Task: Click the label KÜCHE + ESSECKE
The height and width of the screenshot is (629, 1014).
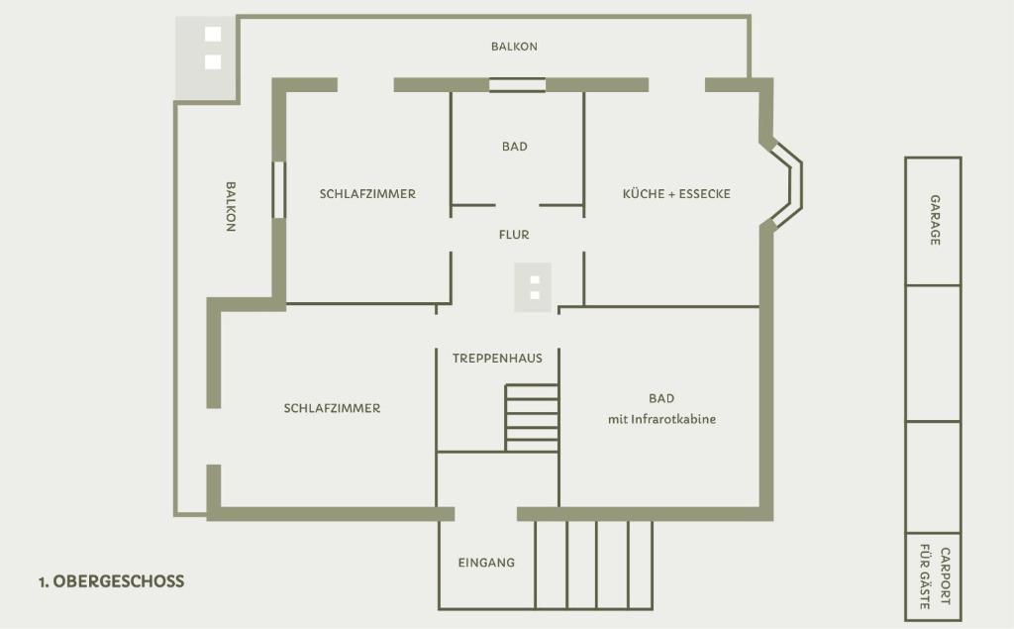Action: [x=676, y=193]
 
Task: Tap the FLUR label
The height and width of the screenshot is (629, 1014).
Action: [x=514, y=234]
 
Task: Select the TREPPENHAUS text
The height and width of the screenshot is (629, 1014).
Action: [x=497, y=358]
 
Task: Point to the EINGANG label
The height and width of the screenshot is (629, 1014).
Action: [x=486, y=563]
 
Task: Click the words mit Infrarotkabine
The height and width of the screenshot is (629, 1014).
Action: [x=661, y=419]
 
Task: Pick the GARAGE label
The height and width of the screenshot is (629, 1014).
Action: [x=935, y=220]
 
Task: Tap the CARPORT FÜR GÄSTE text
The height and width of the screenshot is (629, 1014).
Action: [x=935, y=577]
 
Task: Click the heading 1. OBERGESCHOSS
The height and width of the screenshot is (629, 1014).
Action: [x=111, y=581]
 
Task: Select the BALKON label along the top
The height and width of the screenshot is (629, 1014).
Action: [x=514, y=46]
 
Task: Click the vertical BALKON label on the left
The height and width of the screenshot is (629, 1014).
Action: [x=230, y=206]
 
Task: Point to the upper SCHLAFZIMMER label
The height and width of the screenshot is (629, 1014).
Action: [x=367, y=193]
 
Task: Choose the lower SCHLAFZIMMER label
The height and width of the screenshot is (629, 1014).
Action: [x=332, y=408]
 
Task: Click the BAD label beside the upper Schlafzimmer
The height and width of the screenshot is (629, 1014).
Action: [x=515, y=147]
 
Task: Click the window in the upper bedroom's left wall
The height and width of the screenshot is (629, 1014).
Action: [x=278, y=189]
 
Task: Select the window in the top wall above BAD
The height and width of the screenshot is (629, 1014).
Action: [x=517, y=85]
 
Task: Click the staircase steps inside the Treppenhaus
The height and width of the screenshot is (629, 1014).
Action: [x=532, y=417]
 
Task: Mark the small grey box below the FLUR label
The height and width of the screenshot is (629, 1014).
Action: [x=533, y=287]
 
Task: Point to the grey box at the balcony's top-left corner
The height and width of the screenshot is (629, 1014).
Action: [x=206, y=57]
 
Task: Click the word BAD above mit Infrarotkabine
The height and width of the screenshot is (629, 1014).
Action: [x=661, y=398]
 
